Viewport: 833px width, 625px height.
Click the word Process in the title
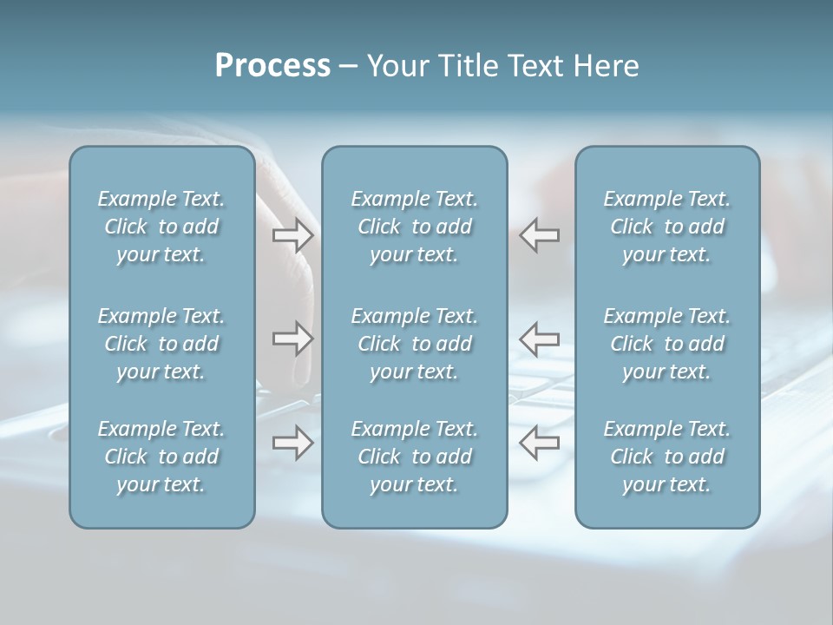272,66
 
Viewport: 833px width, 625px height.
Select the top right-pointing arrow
292,235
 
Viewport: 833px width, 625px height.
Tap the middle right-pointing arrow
292,339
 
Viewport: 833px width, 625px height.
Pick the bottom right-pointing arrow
292,443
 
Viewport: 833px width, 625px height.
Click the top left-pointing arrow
540,235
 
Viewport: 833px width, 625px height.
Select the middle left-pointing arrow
540,339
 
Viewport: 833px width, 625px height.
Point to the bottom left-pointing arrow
540,443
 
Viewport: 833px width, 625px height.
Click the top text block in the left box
161,227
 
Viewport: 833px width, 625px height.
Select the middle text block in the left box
161,344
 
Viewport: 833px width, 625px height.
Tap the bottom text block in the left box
161,457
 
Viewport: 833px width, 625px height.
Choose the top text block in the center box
414,227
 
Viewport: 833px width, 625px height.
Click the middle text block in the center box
414,344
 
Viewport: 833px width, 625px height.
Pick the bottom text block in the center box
414,457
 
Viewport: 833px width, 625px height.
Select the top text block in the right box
666,227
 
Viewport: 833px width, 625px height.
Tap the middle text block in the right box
666,344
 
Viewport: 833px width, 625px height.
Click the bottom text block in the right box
666,457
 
